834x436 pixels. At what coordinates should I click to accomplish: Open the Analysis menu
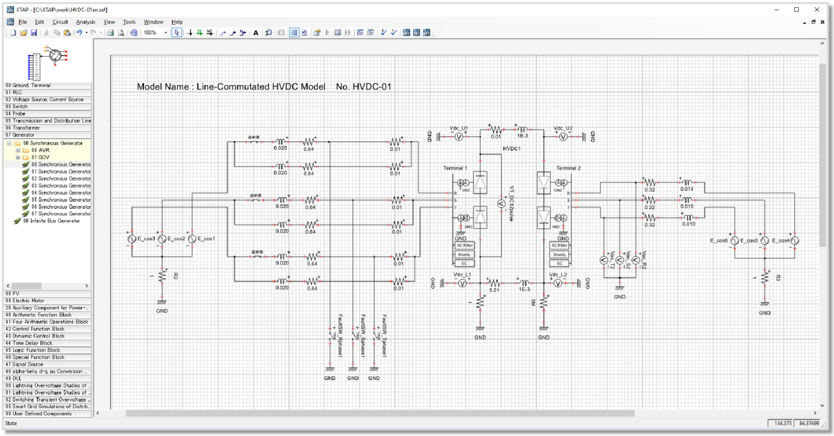86,22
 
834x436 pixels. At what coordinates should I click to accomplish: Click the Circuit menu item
60,22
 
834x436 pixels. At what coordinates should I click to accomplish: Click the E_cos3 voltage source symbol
132,239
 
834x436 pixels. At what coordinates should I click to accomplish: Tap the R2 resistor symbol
162,276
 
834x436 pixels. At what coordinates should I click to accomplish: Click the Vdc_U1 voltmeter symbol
459,137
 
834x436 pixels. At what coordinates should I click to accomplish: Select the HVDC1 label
511,149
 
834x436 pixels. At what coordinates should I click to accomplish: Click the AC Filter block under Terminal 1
464,245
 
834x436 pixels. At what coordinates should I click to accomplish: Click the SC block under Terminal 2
560,263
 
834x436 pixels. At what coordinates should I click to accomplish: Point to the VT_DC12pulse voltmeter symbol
501,204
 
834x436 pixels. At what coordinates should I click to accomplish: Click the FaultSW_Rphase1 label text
340,336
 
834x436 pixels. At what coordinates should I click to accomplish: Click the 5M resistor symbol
544,302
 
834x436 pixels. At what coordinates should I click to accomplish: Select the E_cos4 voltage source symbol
794,241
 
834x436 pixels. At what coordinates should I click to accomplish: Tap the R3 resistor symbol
765,278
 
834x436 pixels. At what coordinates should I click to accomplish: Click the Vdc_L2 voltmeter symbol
558,283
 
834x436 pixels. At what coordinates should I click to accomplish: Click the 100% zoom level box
151,33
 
